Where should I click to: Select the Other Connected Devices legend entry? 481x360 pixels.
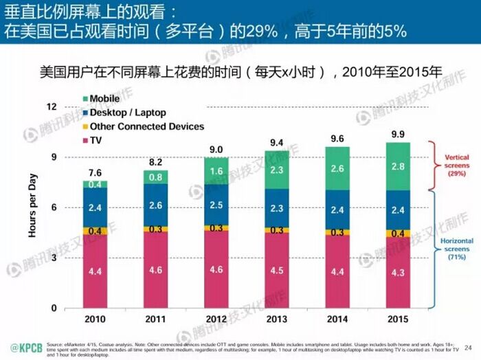(146, 126)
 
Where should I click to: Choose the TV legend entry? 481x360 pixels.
(96, 140)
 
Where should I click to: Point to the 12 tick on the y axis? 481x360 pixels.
(50, 107)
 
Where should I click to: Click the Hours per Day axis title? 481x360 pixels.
(32, 206)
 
